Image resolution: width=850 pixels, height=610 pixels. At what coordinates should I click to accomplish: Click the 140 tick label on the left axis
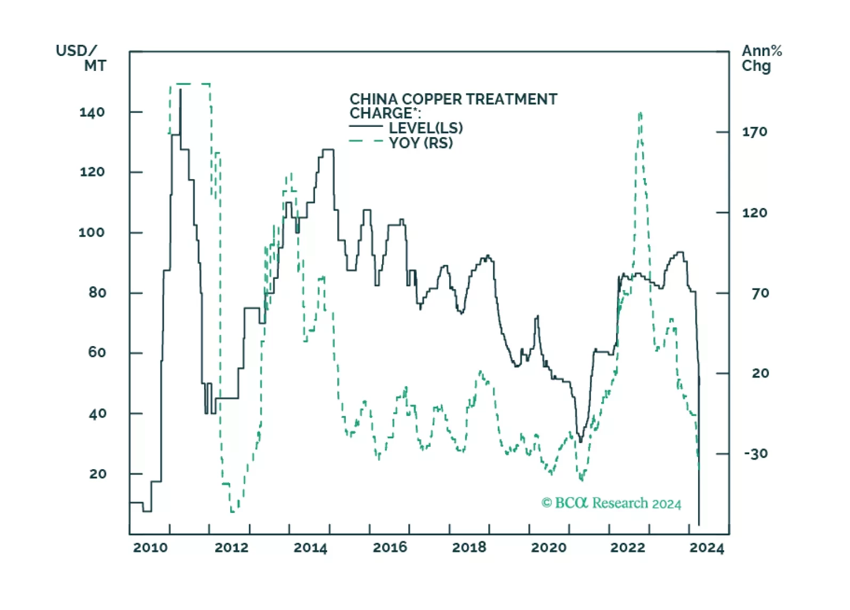point(92,113)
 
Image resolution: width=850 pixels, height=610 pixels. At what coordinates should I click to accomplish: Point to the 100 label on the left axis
point(92,232)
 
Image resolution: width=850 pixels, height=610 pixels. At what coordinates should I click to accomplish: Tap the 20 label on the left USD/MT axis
point(98,474)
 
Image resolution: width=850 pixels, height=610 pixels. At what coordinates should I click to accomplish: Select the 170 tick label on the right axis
point(755,132)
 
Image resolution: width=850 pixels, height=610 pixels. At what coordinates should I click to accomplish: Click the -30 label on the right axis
point(756,454)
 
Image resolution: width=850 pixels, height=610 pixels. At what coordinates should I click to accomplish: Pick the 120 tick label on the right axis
point(755,213)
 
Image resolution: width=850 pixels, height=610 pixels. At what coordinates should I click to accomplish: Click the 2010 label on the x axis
point(150,548)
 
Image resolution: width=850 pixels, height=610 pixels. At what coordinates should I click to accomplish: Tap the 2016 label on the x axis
point(390,548)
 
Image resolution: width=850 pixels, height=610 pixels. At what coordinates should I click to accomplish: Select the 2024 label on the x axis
point(707,548)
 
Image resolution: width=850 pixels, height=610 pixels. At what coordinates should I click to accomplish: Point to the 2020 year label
point(549,548)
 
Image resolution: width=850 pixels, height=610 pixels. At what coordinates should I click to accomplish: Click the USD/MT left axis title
point(80,58)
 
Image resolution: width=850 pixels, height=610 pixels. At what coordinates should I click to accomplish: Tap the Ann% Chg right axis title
point(762,58)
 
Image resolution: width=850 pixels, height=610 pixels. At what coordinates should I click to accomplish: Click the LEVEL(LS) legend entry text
point(426,128)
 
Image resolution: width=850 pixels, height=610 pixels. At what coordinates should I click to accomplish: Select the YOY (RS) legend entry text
point(421,143)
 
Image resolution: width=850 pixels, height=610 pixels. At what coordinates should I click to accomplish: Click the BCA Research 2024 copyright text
point(611,503)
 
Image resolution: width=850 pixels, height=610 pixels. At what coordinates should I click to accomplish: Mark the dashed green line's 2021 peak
point(640,113)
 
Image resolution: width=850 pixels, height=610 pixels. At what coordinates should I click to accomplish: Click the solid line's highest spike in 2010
point(180,90)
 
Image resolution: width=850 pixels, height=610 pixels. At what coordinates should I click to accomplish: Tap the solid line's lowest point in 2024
point(699,525)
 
